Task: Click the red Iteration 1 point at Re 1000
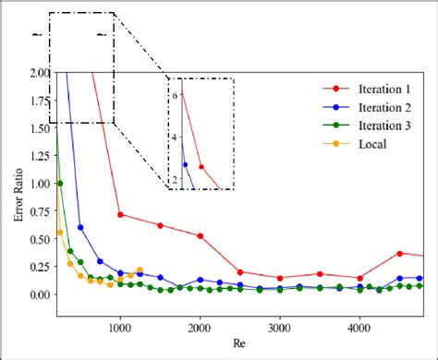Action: tap(120, 214)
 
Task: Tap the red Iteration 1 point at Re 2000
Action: tap(200, 235)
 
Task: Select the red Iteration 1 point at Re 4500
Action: tap(400, 253)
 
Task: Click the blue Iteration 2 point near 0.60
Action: tap(80, 227)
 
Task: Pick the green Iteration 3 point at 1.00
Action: tap(61, 183)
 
